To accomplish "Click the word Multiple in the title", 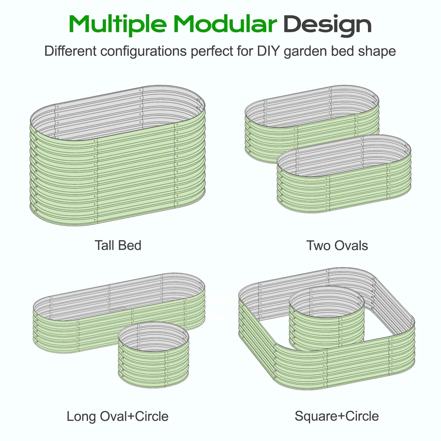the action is [118, 25].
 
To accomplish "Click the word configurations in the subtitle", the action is [143, 52].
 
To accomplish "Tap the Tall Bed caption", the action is [118, 245].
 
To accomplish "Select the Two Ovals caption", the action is [337, 245].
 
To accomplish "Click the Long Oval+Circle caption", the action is [117, 416].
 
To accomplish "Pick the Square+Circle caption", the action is [337, 416].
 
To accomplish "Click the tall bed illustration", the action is [118, 176].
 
